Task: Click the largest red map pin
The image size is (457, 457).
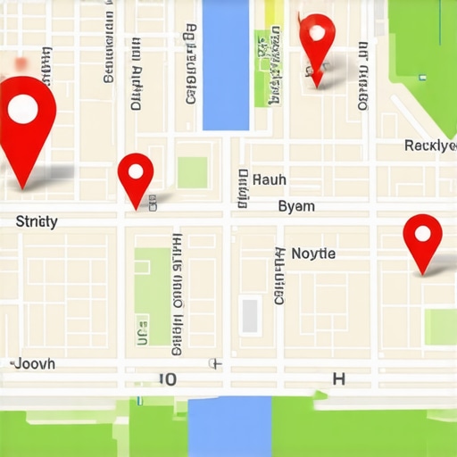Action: click(25, 120)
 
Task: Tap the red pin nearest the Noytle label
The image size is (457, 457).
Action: click(422, 239)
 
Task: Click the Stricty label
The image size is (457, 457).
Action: click(37, 221)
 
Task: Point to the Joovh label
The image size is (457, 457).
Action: click(35, 364)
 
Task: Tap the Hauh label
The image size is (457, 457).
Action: click(270, 179)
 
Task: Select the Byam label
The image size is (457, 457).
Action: click(296, 206)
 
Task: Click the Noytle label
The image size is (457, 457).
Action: click(313, 253)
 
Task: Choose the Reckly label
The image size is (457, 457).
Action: click(429, 145)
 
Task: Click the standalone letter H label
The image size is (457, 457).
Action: click(338, 378)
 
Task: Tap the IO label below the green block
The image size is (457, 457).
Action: click(167, 379)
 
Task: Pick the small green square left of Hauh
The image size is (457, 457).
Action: click(192, 172)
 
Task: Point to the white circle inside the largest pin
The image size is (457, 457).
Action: click(22, 109)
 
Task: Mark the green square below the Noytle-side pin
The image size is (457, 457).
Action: click(440, 326)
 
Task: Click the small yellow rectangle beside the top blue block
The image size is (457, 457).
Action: click(273, 12)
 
